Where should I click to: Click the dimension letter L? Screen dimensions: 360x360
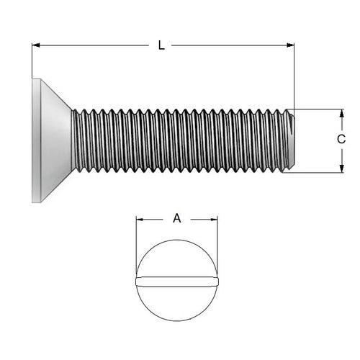coord(161,45)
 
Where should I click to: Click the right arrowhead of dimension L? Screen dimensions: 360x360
coord(290,45)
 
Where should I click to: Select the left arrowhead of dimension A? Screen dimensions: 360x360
coord(140,220)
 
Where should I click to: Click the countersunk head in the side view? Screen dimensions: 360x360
coord(52,140)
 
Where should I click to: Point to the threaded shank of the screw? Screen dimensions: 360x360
coord(180,140)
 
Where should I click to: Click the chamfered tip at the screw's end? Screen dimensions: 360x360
coord(290,140)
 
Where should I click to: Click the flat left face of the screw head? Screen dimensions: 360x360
coord(33,140)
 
